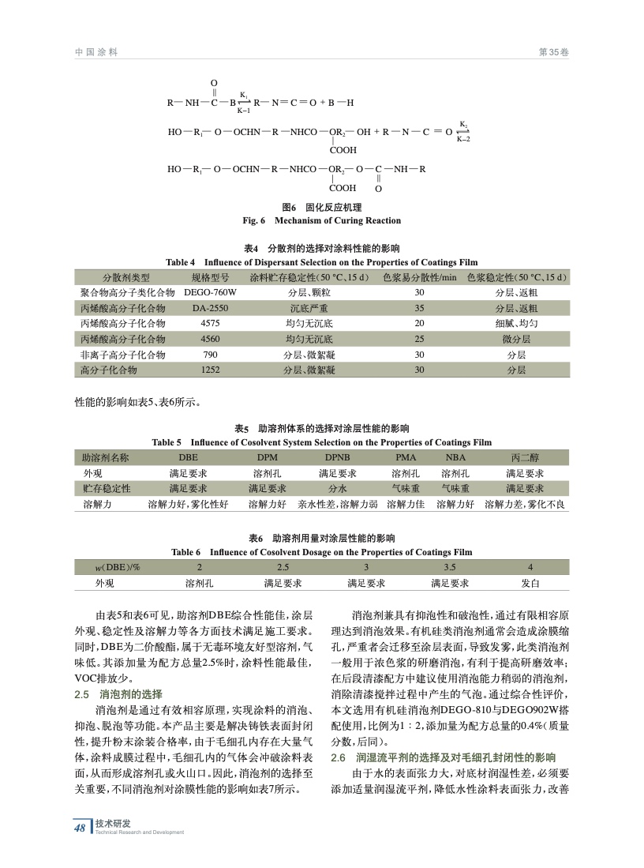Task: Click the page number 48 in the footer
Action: pos(80,828)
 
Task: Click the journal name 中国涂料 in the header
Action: pos(96,52)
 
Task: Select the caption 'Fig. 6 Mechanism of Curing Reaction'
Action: pos(321,220)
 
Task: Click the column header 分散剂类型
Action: pos(125,277)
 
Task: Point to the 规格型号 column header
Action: pos(211,277)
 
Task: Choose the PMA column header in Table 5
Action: pos(406,457)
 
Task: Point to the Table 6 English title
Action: pos(321,552)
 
